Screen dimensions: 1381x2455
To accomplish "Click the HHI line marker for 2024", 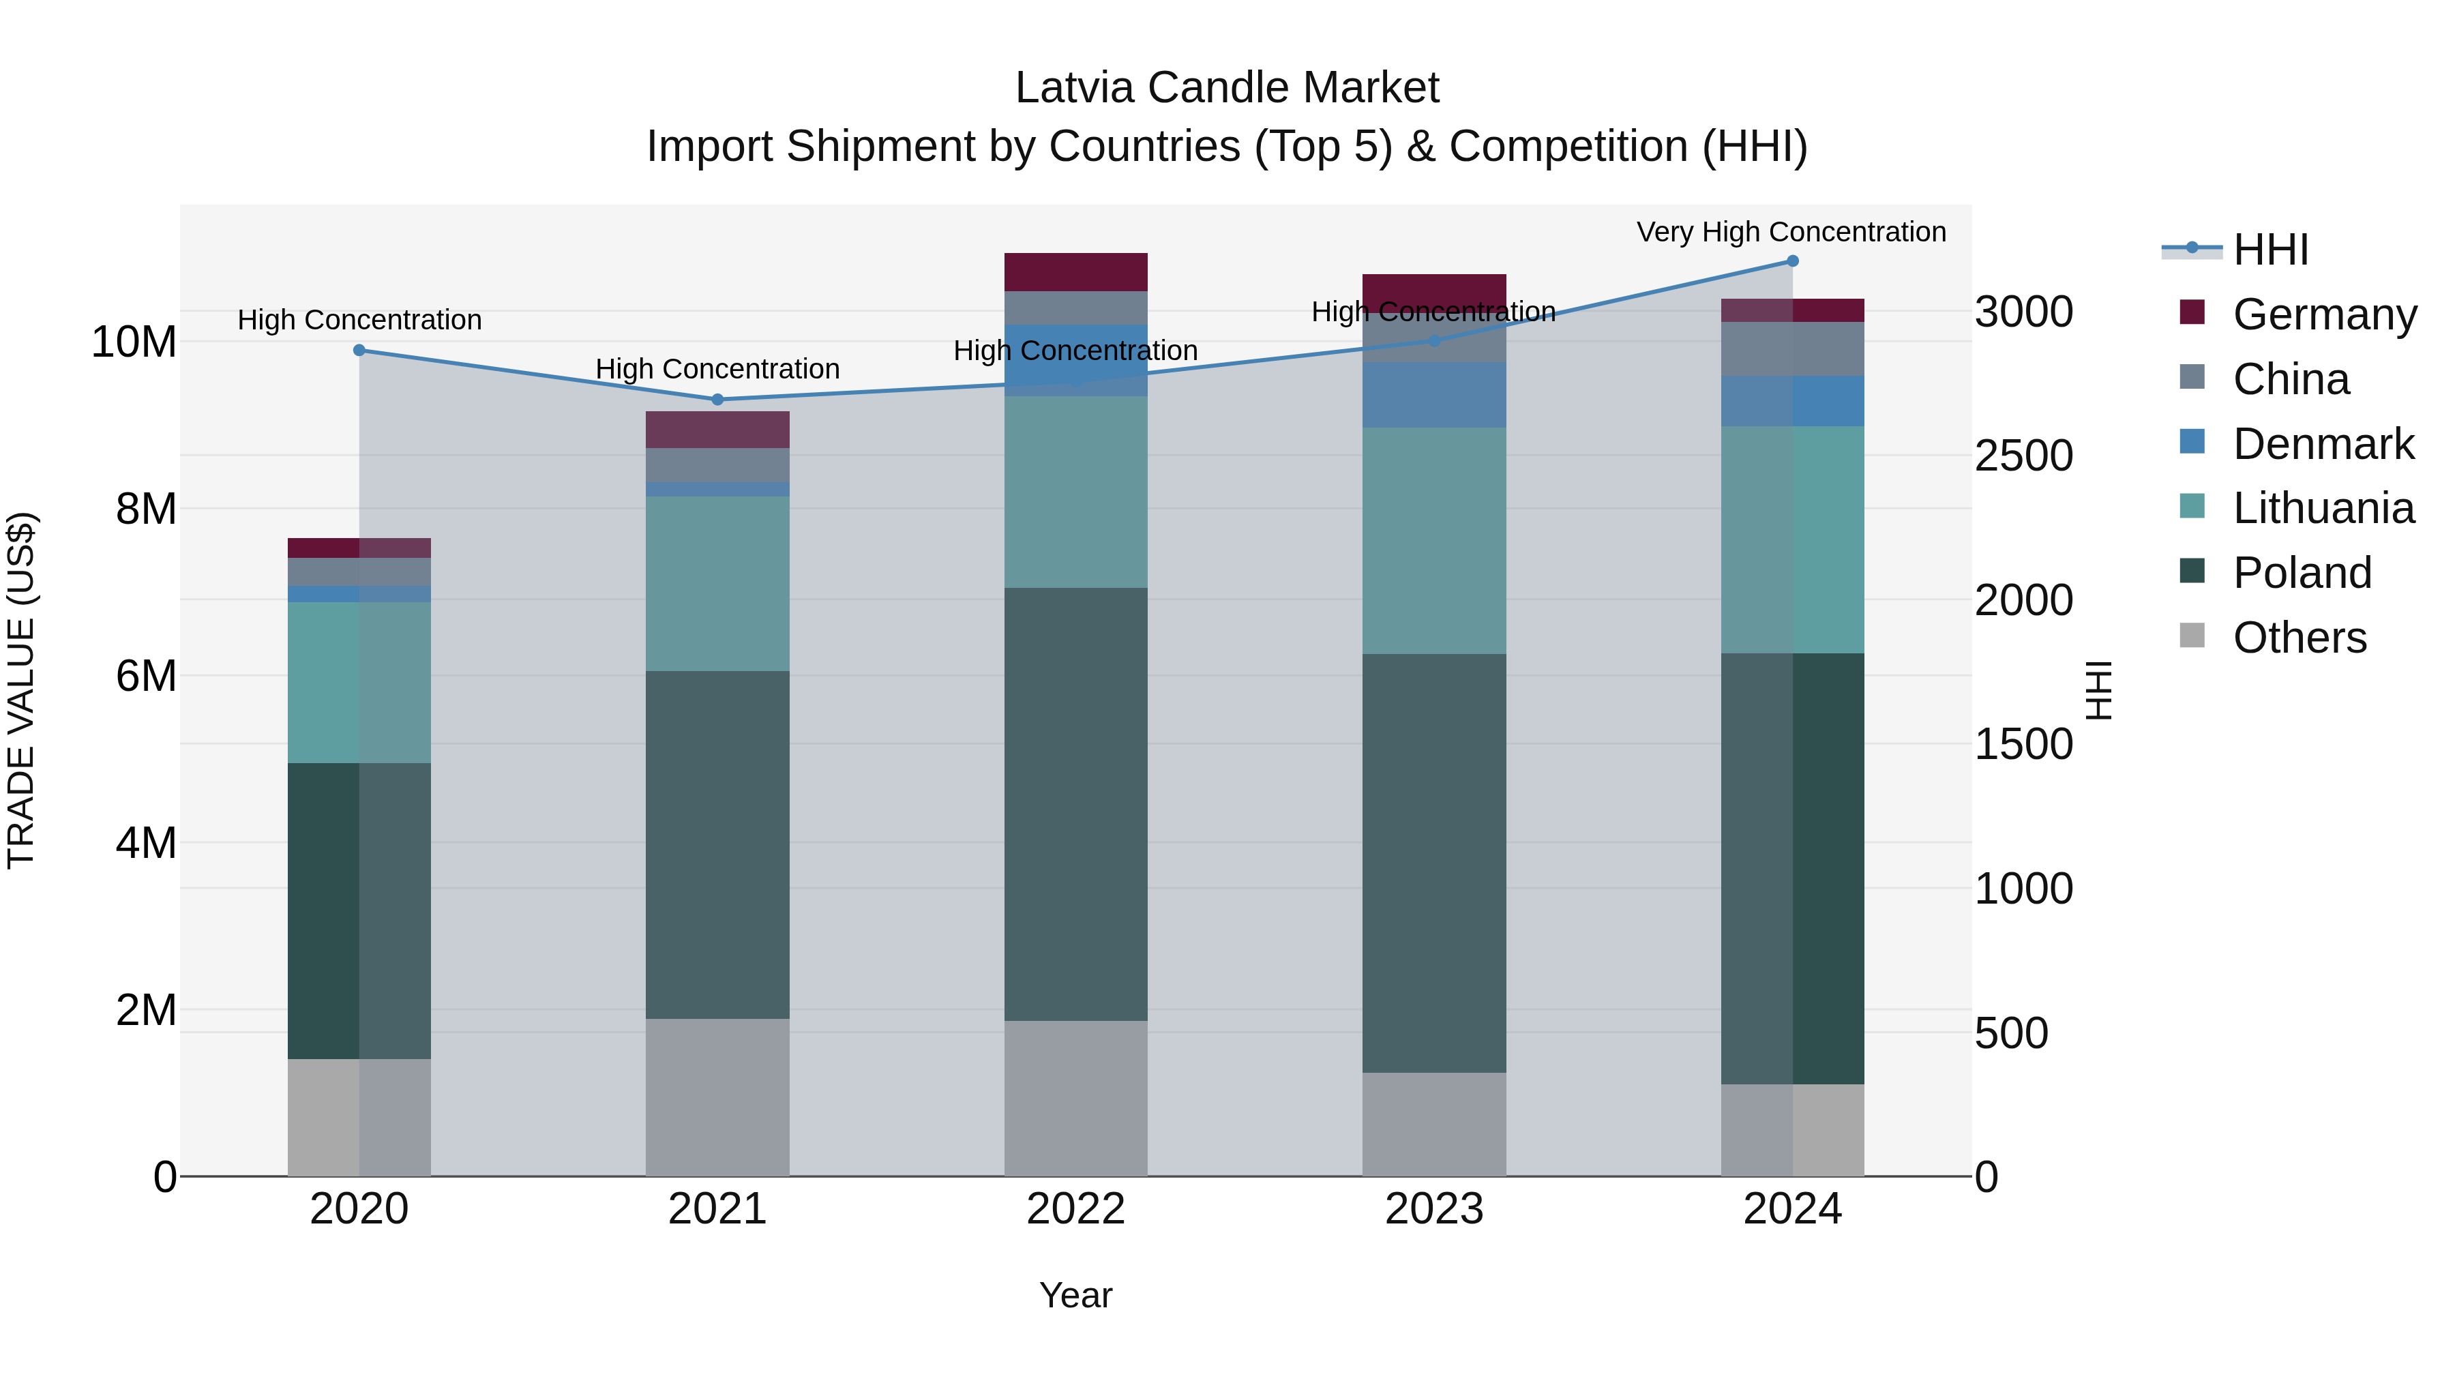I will coord(1791,261).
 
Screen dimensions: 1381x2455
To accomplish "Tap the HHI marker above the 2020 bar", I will coord(359,351).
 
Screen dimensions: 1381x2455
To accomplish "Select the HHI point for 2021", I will coord(717,400).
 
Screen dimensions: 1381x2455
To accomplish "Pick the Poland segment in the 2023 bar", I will coord(1433,863).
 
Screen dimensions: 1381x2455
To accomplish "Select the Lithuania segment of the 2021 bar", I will coord(717,583).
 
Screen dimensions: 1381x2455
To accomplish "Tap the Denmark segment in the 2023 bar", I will coord(1433,395).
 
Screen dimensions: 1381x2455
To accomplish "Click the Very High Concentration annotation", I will coord(1791,233).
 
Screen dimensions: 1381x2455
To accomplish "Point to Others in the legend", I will coord(2299,638).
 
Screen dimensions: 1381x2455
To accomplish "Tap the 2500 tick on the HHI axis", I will coord(2023,456).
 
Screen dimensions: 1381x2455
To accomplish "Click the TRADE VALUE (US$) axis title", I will coord(21,690).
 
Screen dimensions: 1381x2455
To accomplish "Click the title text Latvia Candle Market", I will coord(1227,88).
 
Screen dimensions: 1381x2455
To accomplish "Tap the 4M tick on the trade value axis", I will coord(146,842).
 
